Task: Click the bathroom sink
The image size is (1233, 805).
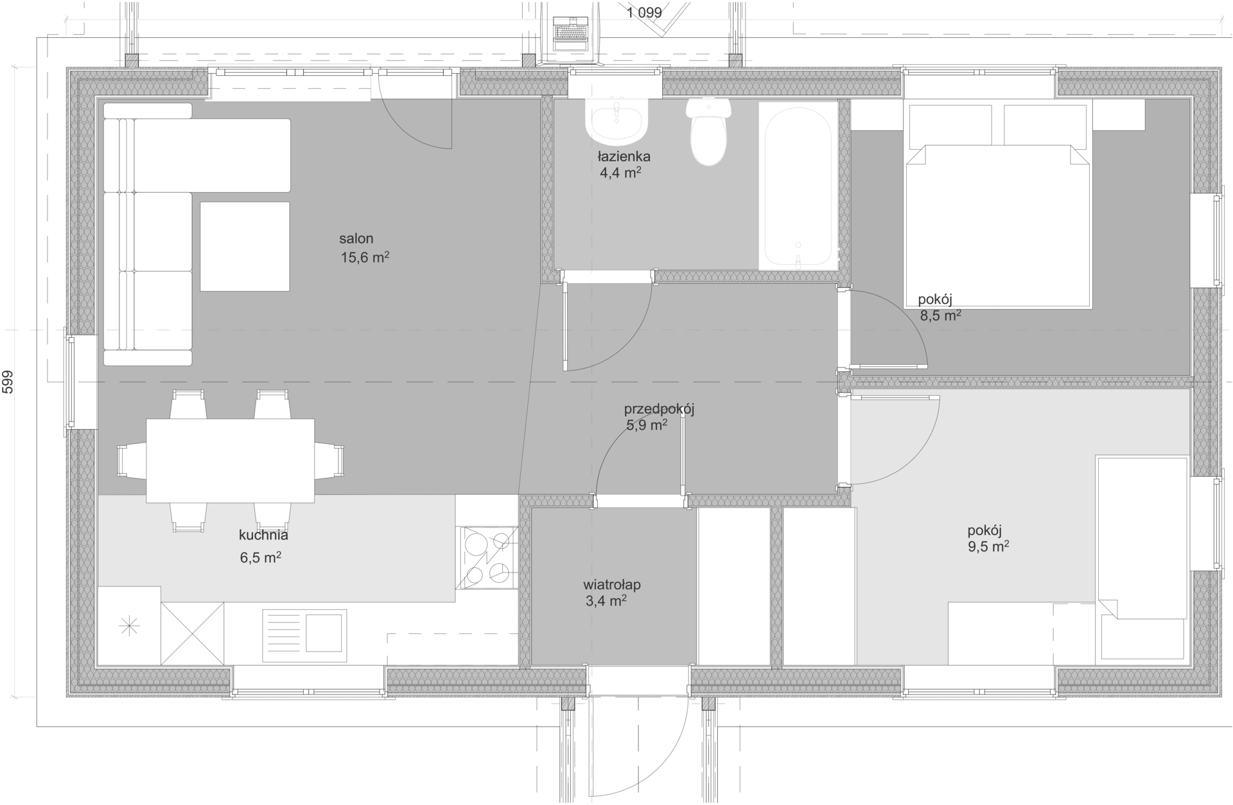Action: point(616,120)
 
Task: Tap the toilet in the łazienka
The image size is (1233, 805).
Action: point(709,132)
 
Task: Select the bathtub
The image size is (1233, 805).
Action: point(799,185)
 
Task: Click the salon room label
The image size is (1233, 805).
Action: point(356,239)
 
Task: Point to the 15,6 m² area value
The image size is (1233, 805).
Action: point(365,258)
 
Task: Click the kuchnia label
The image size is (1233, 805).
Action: point(263,535)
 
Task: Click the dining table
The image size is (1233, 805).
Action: point(231,461)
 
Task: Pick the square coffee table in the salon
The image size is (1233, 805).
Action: point(245,247)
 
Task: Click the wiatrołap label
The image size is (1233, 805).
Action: point(612,585)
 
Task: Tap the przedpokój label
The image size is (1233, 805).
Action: point(660,409)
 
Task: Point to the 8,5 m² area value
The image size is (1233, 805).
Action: point(941,315)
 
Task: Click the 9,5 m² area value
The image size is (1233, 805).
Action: point(988,547)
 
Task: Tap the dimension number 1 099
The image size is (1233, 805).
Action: point(644,12)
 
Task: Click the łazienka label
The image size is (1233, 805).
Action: point(624,156)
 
